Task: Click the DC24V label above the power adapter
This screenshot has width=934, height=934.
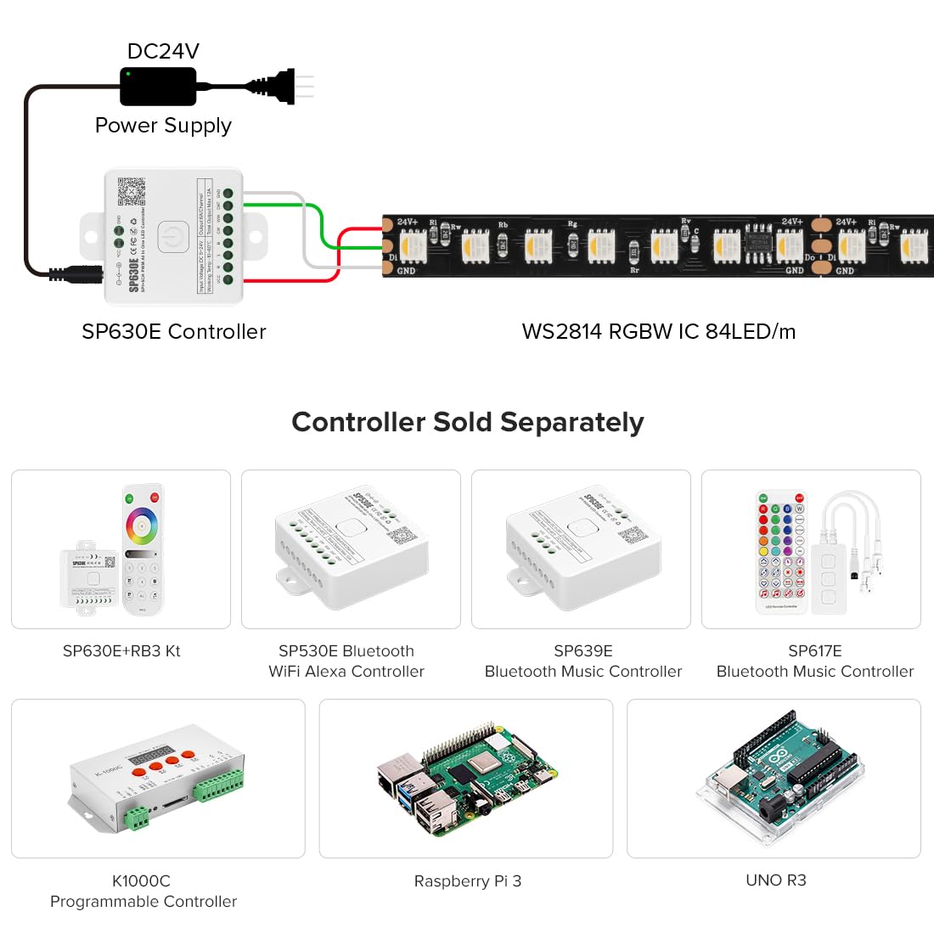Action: (x=163, y=51)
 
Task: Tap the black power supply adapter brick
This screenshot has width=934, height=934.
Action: (x=158, y=87)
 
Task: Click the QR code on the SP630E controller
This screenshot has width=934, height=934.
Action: (x=131, y=191)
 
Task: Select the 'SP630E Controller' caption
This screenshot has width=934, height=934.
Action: (x=174, y=332)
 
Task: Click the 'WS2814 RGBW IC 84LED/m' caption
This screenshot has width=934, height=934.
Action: (x=659, y=332)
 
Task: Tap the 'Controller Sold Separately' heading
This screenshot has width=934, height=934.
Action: (x=467, y=422)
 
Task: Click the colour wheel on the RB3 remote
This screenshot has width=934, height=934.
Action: (x=142, y=526)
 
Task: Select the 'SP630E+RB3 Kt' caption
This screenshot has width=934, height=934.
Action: (x=121, y=651)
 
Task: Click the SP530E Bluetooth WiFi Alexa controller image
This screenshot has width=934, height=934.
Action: (x=351, y=548)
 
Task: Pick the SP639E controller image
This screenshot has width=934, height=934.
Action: (x=582, y=548)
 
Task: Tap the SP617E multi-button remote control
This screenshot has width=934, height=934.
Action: (x=781, y=550)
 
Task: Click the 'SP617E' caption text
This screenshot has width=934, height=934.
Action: (x=814, y=651)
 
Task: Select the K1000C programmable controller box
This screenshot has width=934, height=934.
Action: (x=158, y=777)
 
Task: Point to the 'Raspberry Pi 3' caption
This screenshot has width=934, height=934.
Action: (x=467, y=881)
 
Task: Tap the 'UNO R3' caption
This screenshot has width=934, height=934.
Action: (x=775, y=881)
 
